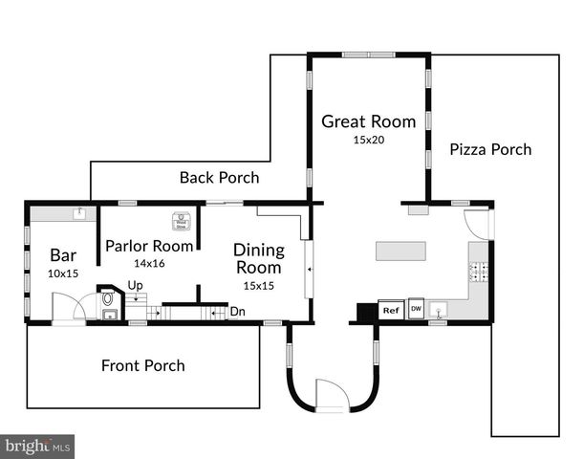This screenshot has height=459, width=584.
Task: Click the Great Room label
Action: pos(368,121)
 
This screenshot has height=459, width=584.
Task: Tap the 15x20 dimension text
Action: pos(368,140)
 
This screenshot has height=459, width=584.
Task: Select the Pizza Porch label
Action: pos(490,149)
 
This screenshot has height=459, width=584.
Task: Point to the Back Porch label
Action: pos(219,178)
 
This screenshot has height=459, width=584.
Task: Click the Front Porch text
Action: pos(143,365)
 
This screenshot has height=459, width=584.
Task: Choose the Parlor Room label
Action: pos(149,246)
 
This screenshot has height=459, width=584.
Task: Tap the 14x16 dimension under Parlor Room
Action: pos(149,262)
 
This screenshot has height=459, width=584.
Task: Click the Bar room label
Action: pos(63,255)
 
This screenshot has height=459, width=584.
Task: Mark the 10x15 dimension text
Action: pos(63,273)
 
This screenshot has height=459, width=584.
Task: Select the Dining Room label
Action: pos(259,259)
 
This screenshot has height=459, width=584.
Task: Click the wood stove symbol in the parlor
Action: pos(179,221)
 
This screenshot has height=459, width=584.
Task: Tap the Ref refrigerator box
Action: pos(390,310)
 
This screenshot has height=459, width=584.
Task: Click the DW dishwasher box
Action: pos(416,309)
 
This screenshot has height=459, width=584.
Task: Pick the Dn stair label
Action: pos(236,311)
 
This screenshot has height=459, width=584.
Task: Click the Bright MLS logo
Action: pos(38,446)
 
